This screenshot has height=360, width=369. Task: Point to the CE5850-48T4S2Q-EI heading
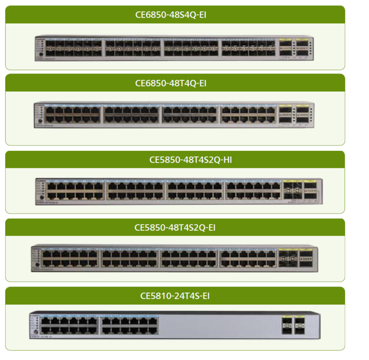(175, 227)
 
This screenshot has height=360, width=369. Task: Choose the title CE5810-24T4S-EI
(175, 296)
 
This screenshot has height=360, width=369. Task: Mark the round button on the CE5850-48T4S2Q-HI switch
(41, 198)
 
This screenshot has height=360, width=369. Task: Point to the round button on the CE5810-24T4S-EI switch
(35, 331)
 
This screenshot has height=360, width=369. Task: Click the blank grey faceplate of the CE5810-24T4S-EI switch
(220, 325)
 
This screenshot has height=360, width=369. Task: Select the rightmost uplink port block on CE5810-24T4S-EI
(300, 325)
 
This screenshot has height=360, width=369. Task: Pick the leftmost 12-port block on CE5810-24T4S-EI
(69, 325)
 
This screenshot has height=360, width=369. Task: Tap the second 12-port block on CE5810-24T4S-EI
(129, 325)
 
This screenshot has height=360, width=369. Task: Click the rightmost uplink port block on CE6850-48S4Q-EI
(302, 48)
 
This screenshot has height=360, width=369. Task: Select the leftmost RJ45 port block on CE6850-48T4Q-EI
(74, 114)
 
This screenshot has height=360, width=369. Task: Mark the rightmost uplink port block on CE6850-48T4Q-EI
(302, 114)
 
